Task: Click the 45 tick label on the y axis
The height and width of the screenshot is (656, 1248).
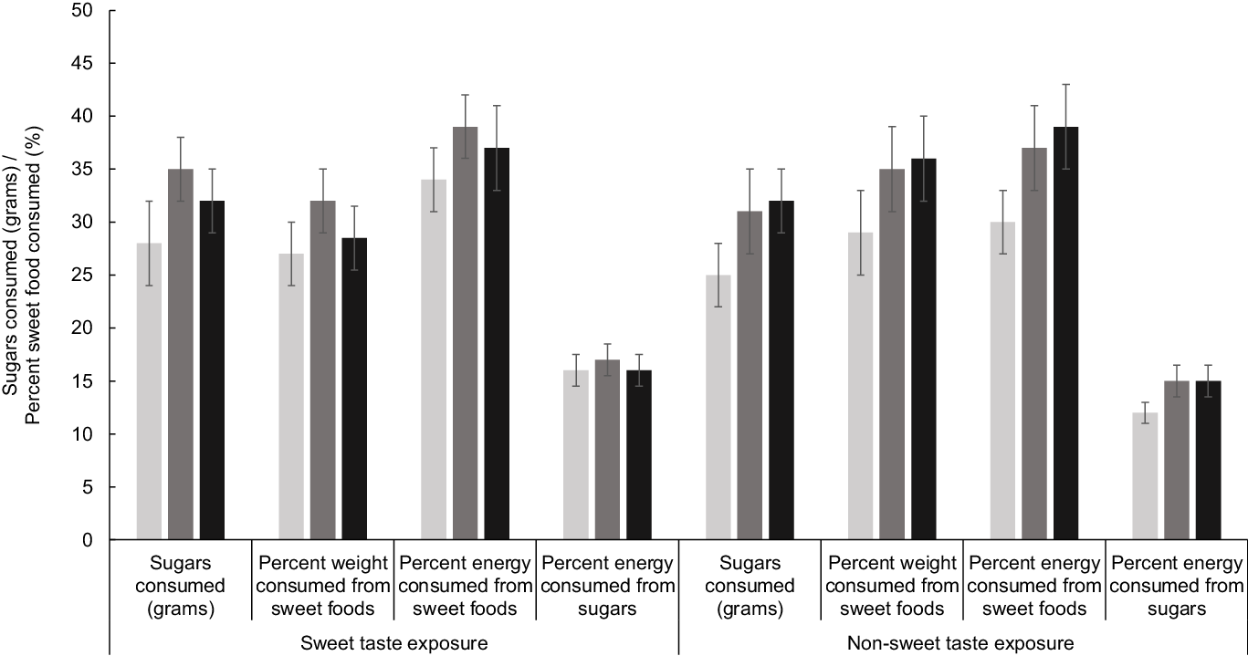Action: click(x=82, y=64)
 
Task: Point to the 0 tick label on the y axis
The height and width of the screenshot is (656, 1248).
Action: click(x=88, y=539)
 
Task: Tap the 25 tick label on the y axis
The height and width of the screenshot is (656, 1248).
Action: click(x=82, y=276)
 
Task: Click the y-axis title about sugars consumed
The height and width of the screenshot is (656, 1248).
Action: click(x=22, y=276)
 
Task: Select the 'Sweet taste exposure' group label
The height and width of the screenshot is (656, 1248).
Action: click(x=393, y=643)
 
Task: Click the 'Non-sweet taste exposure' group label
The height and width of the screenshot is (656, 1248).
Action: click(x=960, y=643)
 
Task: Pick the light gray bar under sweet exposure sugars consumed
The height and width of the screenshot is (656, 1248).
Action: click(x=150, y=390)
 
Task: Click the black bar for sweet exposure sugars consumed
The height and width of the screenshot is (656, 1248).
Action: click(x=213, y=370)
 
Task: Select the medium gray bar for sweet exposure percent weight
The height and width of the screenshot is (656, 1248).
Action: click(x=323, y=370)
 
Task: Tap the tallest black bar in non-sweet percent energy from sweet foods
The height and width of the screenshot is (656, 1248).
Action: click(x=1065, y=333)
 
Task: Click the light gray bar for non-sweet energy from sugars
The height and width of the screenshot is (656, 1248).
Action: click(x=1146, y=475)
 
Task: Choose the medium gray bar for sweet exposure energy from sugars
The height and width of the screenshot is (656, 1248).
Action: click(x=607, y=450)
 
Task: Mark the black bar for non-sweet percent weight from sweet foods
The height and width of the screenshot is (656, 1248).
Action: click(x=924, y=349)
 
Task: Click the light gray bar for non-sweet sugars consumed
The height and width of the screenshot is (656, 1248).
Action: click(x=718, y=407)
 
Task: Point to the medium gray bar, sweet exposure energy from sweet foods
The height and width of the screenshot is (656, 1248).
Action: click(x=466, y=333)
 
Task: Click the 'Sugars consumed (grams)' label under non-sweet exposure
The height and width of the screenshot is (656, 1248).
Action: click(x=750, y=586)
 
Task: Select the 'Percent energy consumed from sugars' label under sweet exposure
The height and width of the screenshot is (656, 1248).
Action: click(x=607, y=586)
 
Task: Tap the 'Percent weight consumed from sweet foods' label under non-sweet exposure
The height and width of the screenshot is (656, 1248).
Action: click(x=892, y=586)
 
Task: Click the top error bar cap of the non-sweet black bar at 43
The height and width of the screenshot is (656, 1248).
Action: click(x=1065, y=85)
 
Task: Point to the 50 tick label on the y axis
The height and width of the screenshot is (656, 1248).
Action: click(x=82, y=11)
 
